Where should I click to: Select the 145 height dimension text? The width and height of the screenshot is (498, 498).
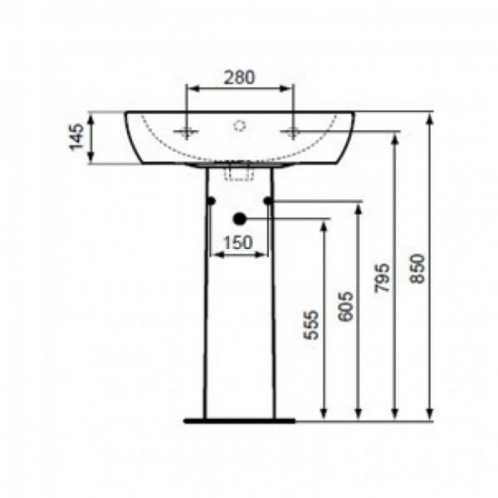[x=78, y=139]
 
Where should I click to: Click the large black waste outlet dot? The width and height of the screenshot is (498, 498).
[x=240, y=218]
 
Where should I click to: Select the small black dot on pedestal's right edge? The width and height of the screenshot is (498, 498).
[x=269, y=200]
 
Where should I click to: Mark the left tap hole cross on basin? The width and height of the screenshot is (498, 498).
[x=187, y=132]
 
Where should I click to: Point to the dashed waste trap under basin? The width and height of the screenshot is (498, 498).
[x=240, y=170]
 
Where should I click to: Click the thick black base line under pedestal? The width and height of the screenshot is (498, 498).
[x=239, y=420]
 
